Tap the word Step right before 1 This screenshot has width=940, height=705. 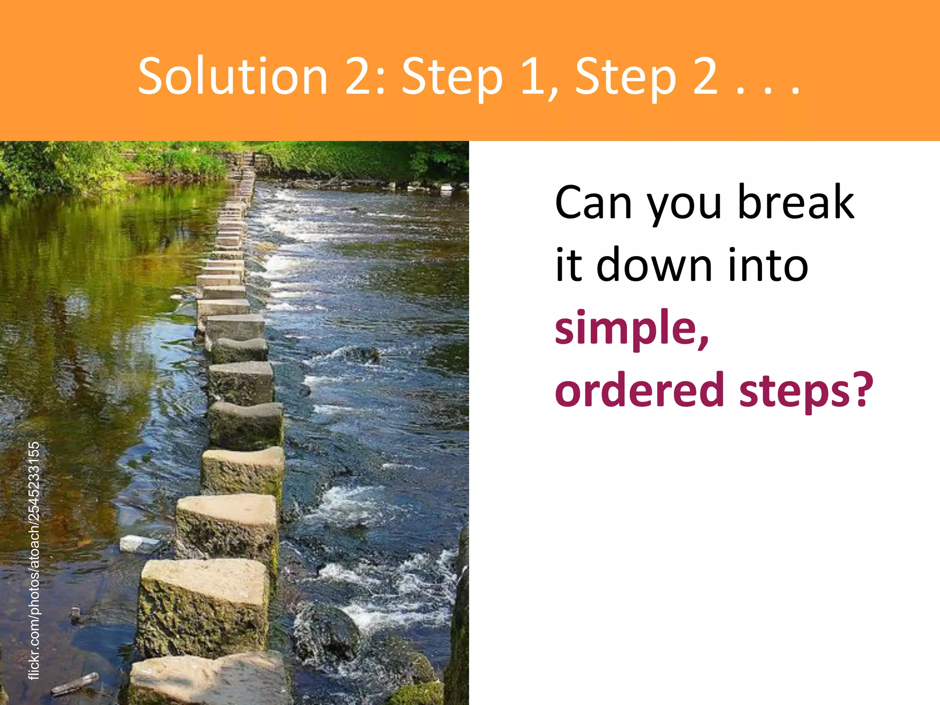pos(452,77)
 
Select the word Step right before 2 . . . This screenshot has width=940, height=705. pos(626,77)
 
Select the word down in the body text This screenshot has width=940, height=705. pos(654,265)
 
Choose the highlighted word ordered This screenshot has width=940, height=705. pos(640,390)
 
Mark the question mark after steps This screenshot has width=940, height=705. pos(863,389)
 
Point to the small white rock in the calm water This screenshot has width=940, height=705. pos(138,543)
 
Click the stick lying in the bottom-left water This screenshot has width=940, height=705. pos(75,683)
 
